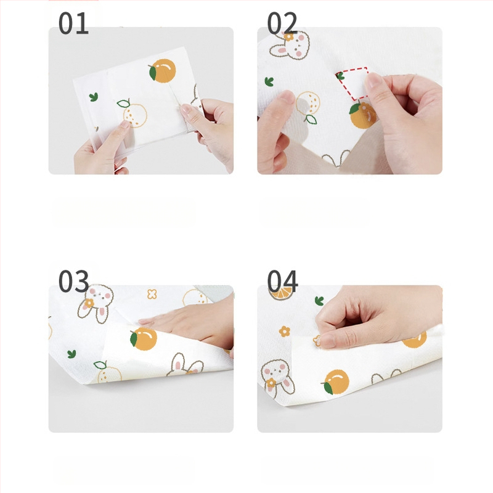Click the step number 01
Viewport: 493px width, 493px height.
point(73,23)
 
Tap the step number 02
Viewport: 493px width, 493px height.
point(282,23)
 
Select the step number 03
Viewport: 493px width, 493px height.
point(73,281)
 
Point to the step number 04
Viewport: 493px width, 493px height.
point(282,281)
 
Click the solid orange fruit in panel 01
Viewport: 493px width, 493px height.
point(162,71)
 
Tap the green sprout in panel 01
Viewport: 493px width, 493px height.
point(94,97)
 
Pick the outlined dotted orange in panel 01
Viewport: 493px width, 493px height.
point(134,113)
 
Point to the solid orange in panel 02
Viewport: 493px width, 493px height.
point(362,115)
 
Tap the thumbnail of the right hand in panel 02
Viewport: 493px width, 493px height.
point(373,80)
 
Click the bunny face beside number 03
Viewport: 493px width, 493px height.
point(97,303)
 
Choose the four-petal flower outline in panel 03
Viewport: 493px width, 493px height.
point(152,294)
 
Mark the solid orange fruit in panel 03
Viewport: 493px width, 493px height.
point(144,338)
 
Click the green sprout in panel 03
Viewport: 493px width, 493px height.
point(71,354)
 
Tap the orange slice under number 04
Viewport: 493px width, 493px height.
point(282,293)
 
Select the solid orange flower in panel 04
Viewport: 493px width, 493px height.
point(284,332)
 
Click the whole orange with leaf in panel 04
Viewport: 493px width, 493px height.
point(335,382)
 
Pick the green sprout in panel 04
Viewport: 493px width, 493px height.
point(319,301)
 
